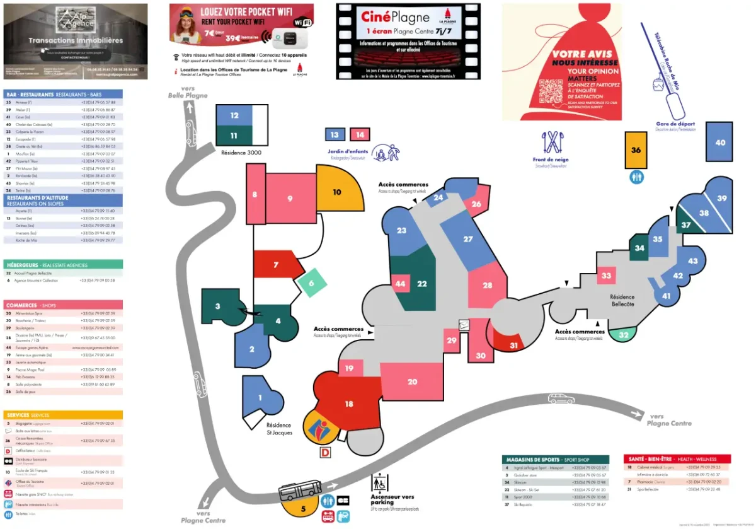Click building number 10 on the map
pyautogui.click(x=338, y=192)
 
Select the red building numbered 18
pyautogui.click(x=348, y=404)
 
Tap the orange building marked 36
pyautogui.click(x=636, y=150)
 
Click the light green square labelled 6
pyautogui.click(x=311, y=283)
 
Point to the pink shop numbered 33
pyautogui.click(x=606, y=276)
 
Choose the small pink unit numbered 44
pyautogui.click(x=400, y=284)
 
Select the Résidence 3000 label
pyautogui.click(x=241, y=153)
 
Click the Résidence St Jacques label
pyautogui.click(x=279, y=429)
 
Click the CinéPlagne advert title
pyautogui.click(x=395, y=18)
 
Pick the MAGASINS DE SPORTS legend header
pyautogui.click(x=555, y=459)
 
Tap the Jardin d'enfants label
pyautogui.click(x=348, y=151)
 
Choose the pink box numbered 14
pyautogui.click(x=360, y=134)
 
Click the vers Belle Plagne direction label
pyautogui.click(x=187, y=92)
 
